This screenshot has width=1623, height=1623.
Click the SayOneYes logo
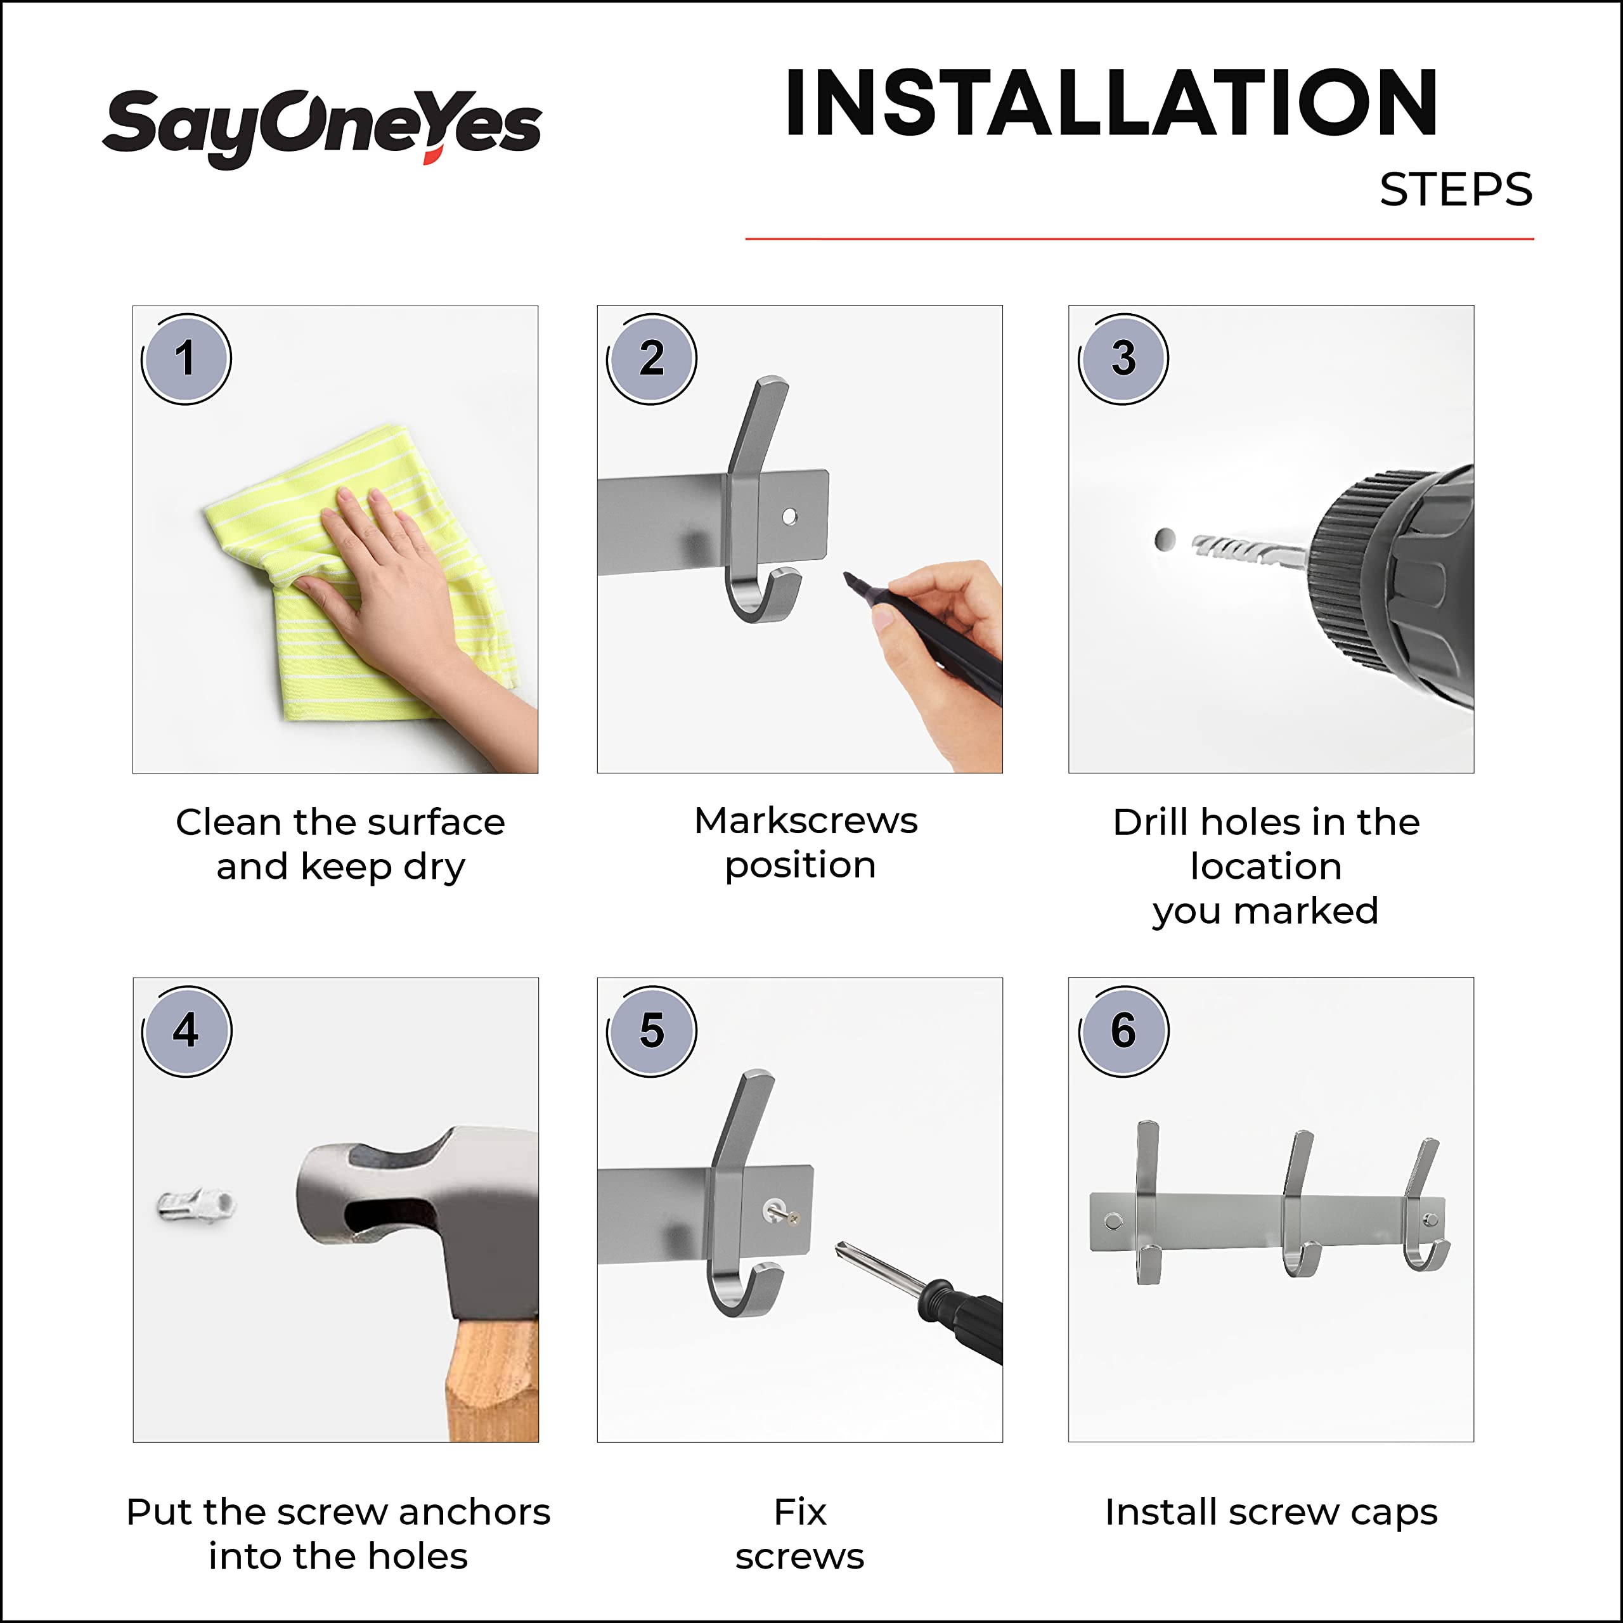(321, 127)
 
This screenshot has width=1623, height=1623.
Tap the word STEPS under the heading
(1456, 190)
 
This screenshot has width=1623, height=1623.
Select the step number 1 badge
(186, 359)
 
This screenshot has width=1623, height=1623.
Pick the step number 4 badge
(186, 1031)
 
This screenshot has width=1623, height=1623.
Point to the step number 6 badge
(1123, 1031)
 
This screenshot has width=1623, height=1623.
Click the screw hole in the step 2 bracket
(790, 517)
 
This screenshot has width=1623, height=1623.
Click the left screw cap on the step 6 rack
(1113, 1220)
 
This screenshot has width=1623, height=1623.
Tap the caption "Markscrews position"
(804, 843)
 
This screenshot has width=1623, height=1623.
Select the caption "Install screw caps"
(1271, 1513)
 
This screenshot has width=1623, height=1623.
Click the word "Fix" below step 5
(799, 1511)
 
